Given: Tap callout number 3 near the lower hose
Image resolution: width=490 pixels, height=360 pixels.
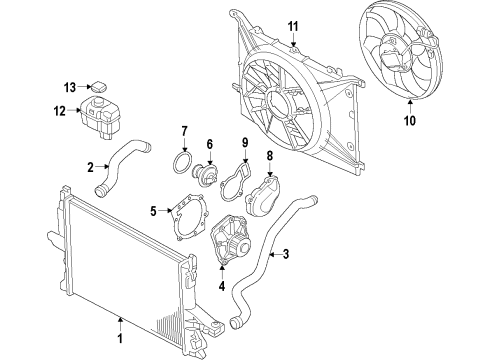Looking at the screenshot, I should coord(286,254).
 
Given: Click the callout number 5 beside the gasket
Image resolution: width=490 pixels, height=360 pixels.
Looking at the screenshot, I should coord(153,211).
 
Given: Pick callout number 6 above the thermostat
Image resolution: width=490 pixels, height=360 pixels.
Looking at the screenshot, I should coord(210,144).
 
